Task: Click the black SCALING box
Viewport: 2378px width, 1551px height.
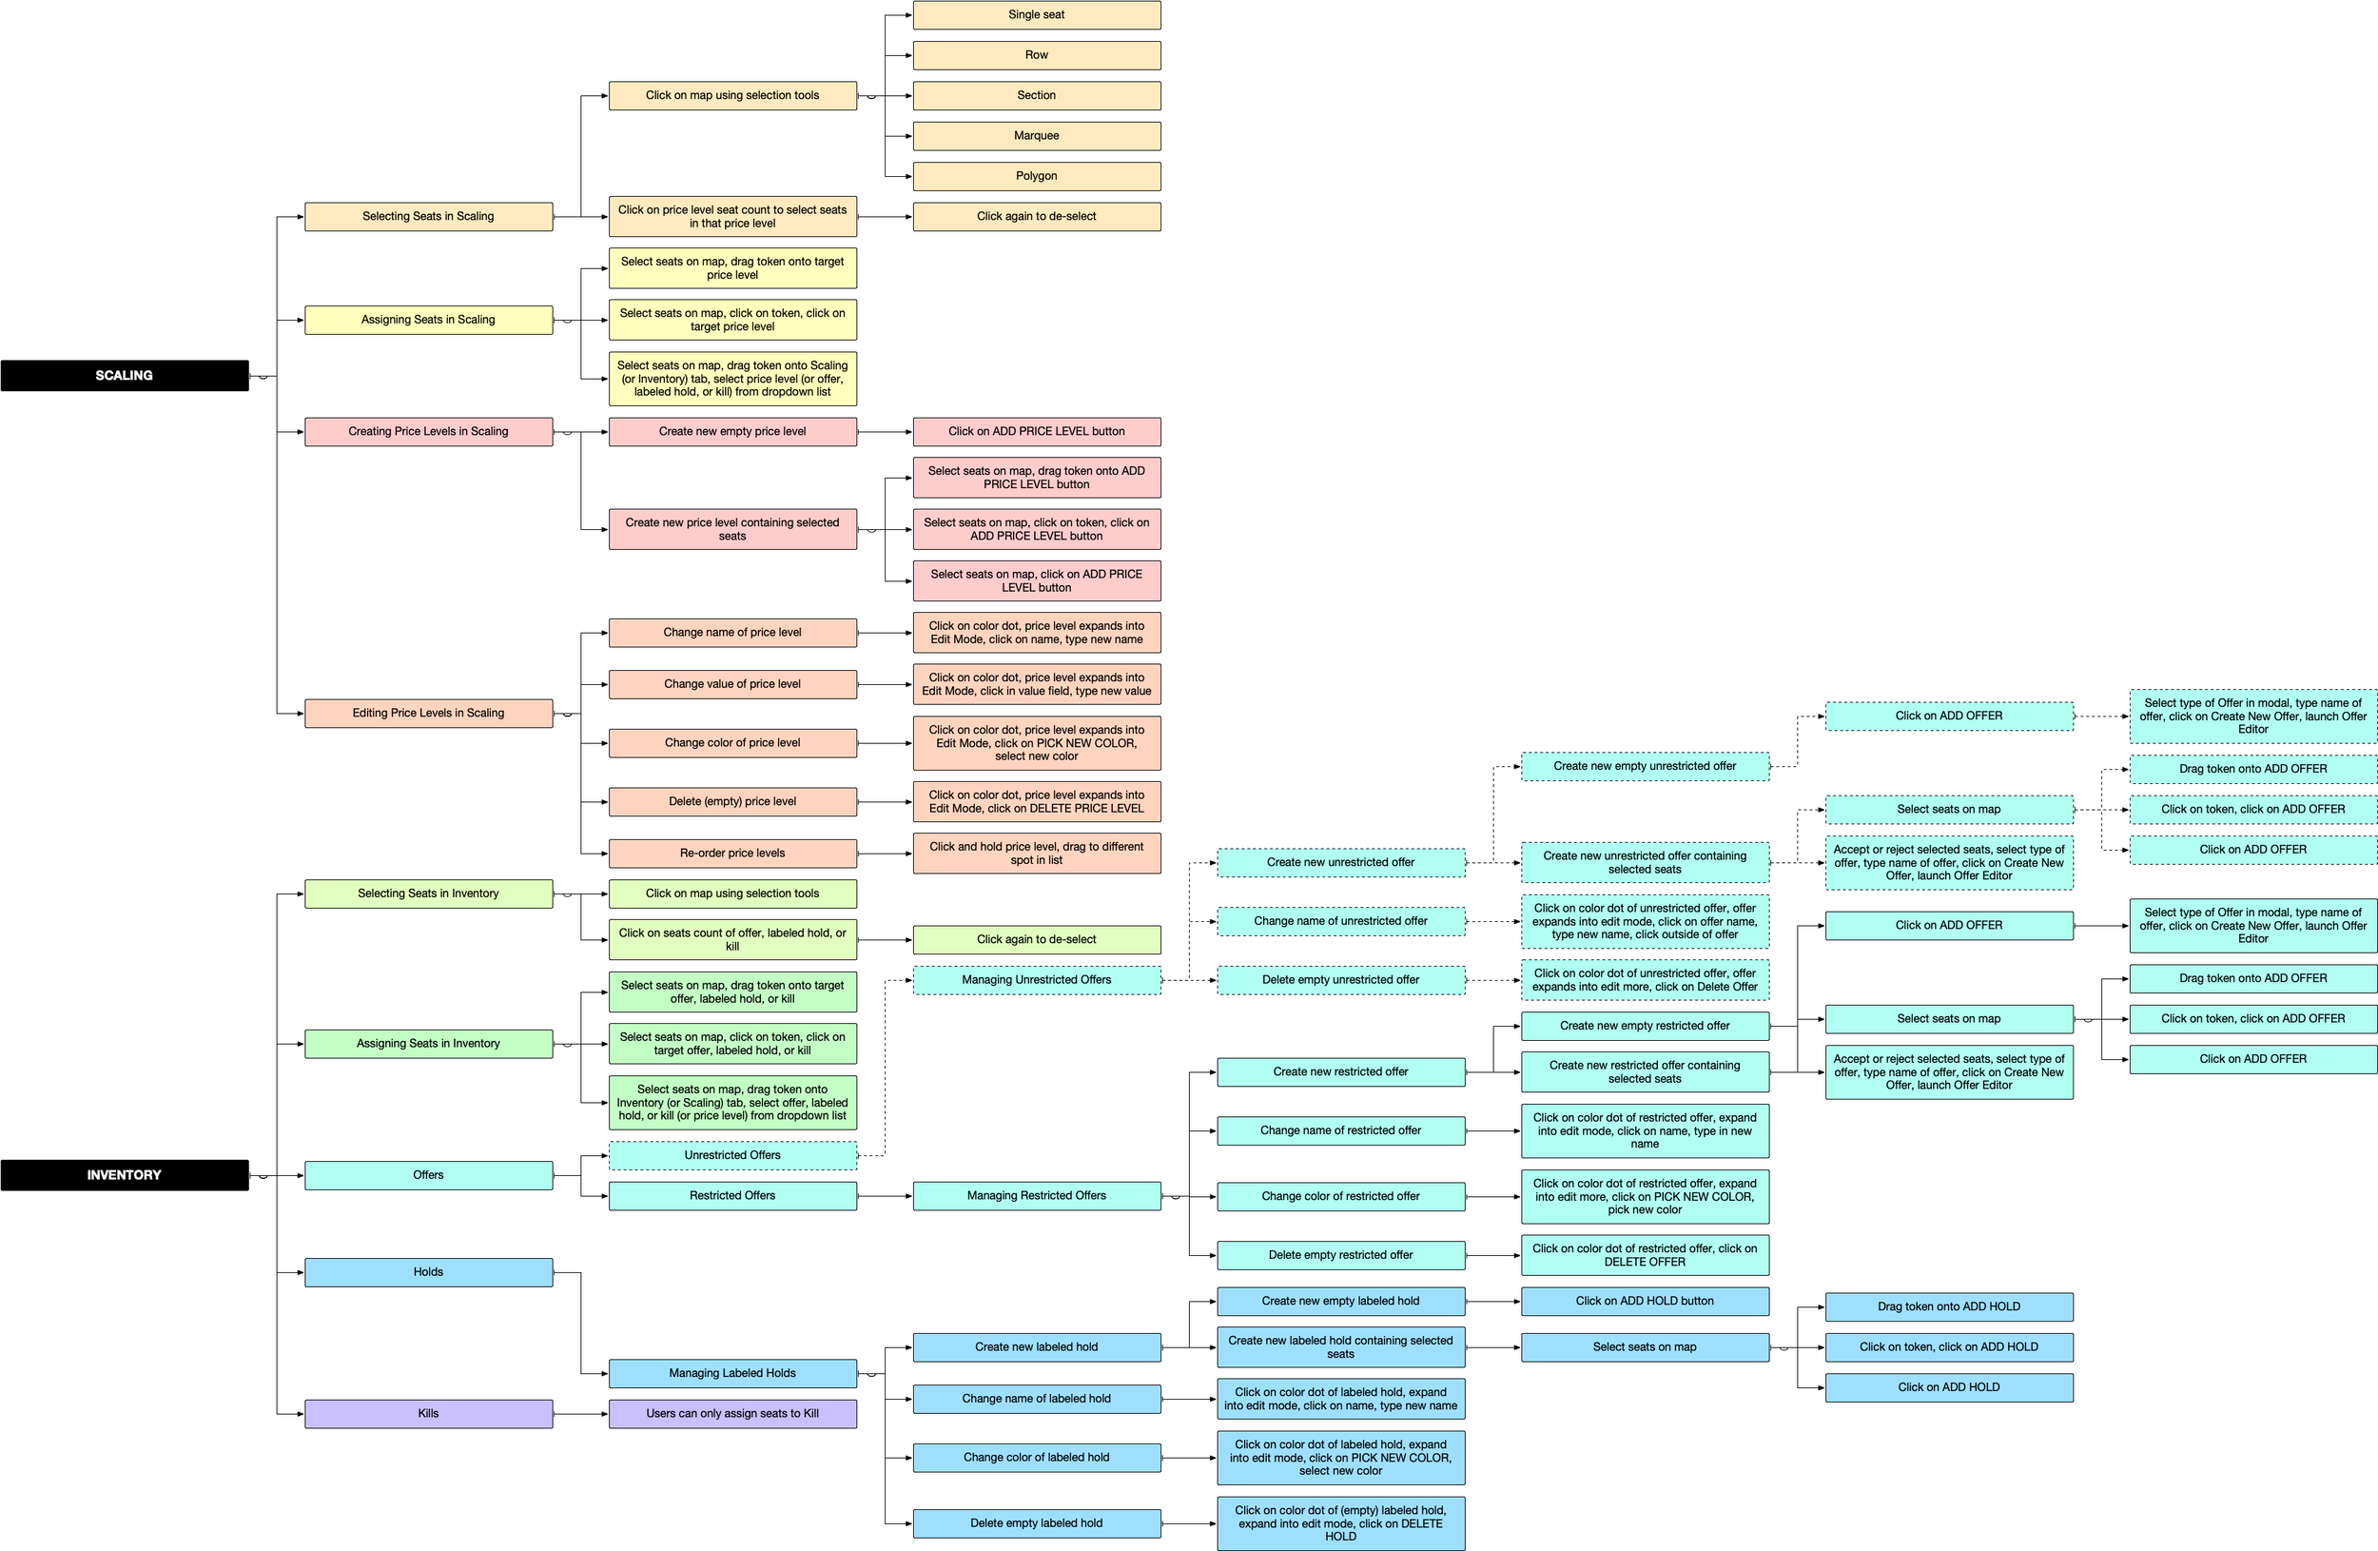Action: click(124, 376)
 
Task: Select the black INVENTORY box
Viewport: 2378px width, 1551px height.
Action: click(124, 1175)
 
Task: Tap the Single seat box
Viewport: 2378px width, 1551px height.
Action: click(1036, 15)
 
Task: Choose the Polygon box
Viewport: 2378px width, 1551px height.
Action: click(1036, 176)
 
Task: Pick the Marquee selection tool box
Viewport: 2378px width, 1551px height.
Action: click(1036, 136)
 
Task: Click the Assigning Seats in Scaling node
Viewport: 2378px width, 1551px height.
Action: click(428, 320)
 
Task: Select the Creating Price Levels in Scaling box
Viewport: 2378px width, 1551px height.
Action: click(428, 432)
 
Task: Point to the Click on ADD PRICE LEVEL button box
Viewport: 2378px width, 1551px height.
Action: click(1036, 432)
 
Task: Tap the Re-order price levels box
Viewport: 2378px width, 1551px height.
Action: click(732, 854)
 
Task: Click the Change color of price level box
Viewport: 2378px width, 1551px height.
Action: click(732, 743)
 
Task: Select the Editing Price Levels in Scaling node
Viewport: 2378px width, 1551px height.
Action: click(428, 714)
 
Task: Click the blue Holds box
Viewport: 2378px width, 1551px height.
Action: click(428, 1272)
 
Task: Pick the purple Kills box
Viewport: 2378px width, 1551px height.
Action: click(428, 1414)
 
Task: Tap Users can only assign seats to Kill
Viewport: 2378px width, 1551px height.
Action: click(732, 1414)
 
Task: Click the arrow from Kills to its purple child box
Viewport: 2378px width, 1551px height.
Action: click(580, 1414)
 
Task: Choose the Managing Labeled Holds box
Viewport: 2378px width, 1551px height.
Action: click(732, 1373)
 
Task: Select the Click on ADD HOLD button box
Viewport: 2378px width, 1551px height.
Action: click(1645, 1301)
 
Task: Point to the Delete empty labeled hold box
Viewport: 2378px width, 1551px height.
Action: click(1036, 1524)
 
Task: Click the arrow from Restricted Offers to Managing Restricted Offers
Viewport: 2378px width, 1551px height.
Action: click(885, 1196)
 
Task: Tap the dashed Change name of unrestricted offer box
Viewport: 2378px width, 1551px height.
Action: click(1341, 921)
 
